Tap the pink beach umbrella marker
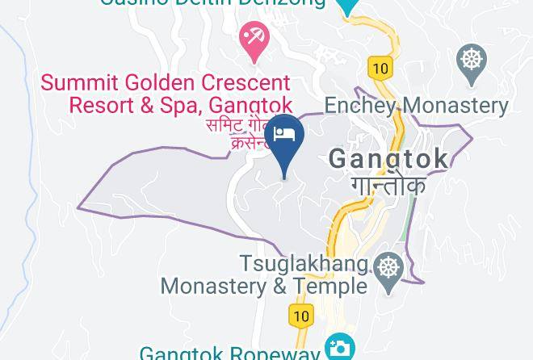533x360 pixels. pyautogui.click(x=254, y=38)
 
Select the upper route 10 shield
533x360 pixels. pyautogui.click(x=379, y=69)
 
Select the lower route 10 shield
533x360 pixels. pyautogui.click(x=301, y=316)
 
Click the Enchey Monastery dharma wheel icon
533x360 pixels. pyautogui.click(x=471, y=60)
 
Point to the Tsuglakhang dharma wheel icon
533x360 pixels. pyautogui.click(x=389, y=266)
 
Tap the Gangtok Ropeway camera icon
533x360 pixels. pyautogui.click(x=339, y=348)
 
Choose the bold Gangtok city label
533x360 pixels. pyautogui.click(x=388, y=158)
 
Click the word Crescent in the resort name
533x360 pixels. pyautogui.click(x=241, y=83)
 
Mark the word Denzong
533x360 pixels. pyautogui.click(x=287, y=2)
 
